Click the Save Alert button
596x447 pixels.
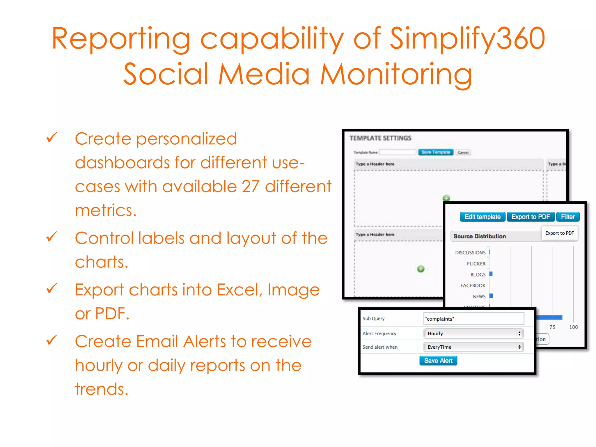438,361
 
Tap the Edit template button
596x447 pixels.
482,217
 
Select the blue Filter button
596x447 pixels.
567,217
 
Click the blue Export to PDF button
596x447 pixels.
531,217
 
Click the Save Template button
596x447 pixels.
436,152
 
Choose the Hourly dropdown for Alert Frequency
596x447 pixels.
473,334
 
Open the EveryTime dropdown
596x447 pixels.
473,347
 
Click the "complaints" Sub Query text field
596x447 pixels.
473,319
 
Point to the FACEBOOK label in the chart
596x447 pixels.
473,285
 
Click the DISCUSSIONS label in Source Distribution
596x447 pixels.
470,253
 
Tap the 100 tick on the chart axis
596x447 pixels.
573,327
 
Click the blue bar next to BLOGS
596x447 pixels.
491,274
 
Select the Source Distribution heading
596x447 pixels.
479,236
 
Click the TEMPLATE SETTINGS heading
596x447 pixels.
380,138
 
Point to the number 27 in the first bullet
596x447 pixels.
251,187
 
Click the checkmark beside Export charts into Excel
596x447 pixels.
52,288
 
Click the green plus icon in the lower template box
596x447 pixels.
421,269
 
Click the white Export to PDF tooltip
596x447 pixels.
559,233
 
